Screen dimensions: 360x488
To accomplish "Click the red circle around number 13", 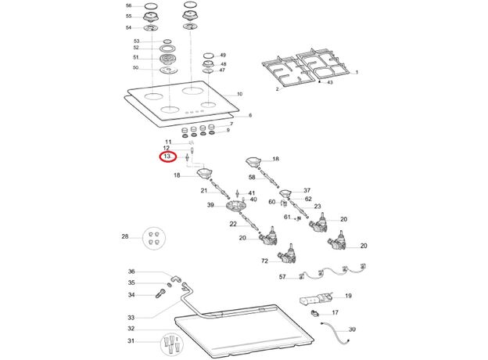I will click(x=167, y=157).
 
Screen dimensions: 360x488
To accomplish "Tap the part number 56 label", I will click(x=129, y=5).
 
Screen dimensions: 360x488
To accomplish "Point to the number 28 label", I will click(x=124, y=236).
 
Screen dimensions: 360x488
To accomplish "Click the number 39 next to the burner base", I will click(x=210, y=205).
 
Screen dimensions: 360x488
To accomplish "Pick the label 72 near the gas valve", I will click(x=264, y=261).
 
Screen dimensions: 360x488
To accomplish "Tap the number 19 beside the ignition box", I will click(x=348, y=296).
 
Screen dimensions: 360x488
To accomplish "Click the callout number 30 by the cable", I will click(x=352, y=329).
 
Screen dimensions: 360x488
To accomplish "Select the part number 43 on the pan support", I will click(x=330, y=82).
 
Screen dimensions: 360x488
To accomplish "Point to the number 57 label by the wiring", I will click(x=282, y=276).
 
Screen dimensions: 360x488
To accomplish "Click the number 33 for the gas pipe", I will click(x=131, y=318).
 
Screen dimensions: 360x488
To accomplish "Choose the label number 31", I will click(x=131, y=341).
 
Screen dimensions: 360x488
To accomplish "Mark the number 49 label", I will click(x=223, y=55).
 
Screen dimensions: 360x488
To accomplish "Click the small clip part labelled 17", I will click(x=316, y=315).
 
